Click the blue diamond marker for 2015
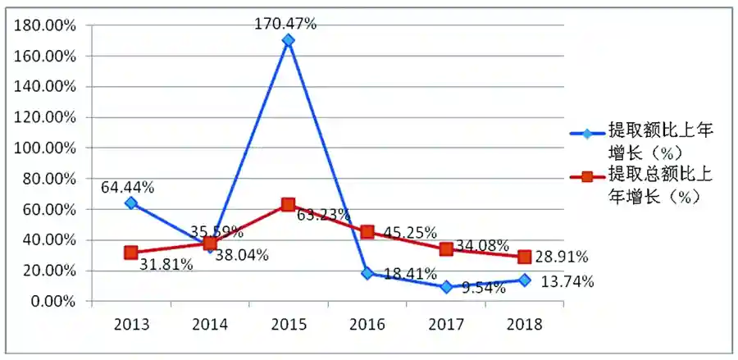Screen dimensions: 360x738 tap(288, 40)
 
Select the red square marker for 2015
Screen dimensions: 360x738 tap(288, 204)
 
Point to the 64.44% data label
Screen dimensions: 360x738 tap(128, 187)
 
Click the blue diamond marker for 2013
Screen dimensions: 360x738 tap(131, 203)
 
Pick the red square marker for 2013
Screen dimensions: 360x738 tap(131, 253)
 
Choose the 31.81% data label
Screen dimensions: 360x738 tap(166, 264)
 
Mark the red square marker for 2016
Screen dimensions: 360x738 tap(367, 232)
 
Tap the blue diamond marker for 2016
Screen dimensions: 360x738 tap(367, 273)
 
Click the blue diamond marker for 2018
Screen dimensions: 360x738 tap(525, 280)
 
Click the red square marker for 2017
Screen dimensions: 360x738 tap(446, 249)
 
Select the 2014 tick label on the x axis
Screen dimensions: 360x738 tap(210, 322)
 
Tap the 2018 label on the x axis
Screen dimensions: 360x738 tap(525, 322)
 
